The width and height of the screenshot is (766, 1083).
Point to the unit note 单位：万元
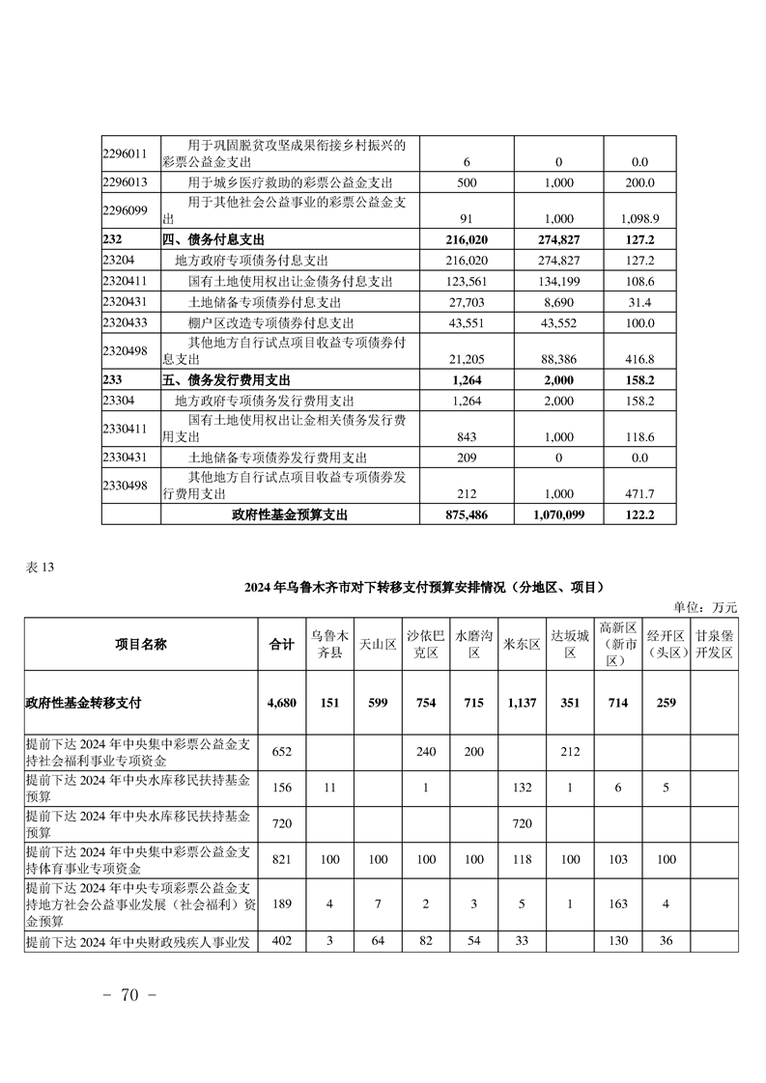click(705, 607)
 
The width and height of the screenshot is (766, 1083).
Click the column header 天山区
click(378, 644)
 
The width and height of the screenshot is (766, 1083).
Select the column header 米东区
click(522, 644)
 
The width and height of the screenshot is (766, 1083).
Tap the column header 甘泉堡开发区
click(715, 644)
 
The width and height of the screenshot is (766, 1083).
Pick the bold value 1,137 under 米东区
click(522, 703)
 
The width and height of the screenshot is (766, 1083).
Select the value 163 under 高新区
click(617, 904)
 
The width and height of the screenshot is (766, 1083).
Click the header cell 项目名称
click(141, 644)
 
